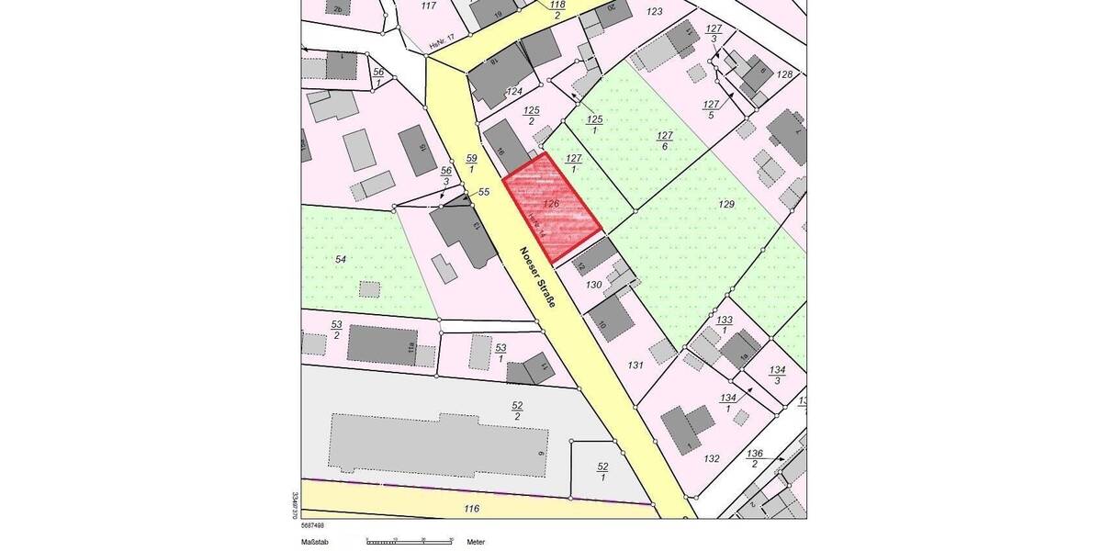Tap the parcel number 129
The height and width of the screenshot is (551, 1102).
point(726,203)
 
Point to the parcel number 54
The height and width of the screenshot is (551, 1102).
point(341,260)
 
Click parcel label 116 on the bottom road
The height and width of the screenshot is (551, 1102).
point(472,508)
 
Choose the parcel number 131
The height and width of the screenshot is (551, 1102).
point(635,365)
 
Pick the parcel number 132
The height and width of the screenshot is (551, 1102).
point(711,458)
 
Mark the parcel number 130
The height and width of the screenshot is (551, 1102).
point(593,286)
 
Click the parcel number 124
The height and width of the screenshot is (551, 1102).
point(514,91)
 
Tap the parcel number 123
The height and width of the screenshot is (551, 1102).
point(654,12)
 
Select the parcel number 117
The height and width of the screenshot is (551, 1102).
point(427,6)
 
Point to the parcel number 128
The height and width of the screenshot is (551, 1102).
point(784,74)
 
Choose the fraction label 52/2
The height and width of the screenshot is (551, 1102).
point(517,410)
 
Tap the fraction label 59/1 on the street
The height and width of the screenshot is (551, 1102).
point(471,163)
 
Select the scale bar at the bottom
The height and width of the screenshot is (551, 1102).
point(409,542)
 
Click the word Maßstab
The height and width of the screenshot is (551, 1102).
point(316,542)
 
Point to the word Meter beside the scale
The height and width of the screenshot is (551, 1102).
point(476,542)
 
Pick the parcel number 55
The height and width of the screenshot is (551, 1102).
point(485,192)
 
